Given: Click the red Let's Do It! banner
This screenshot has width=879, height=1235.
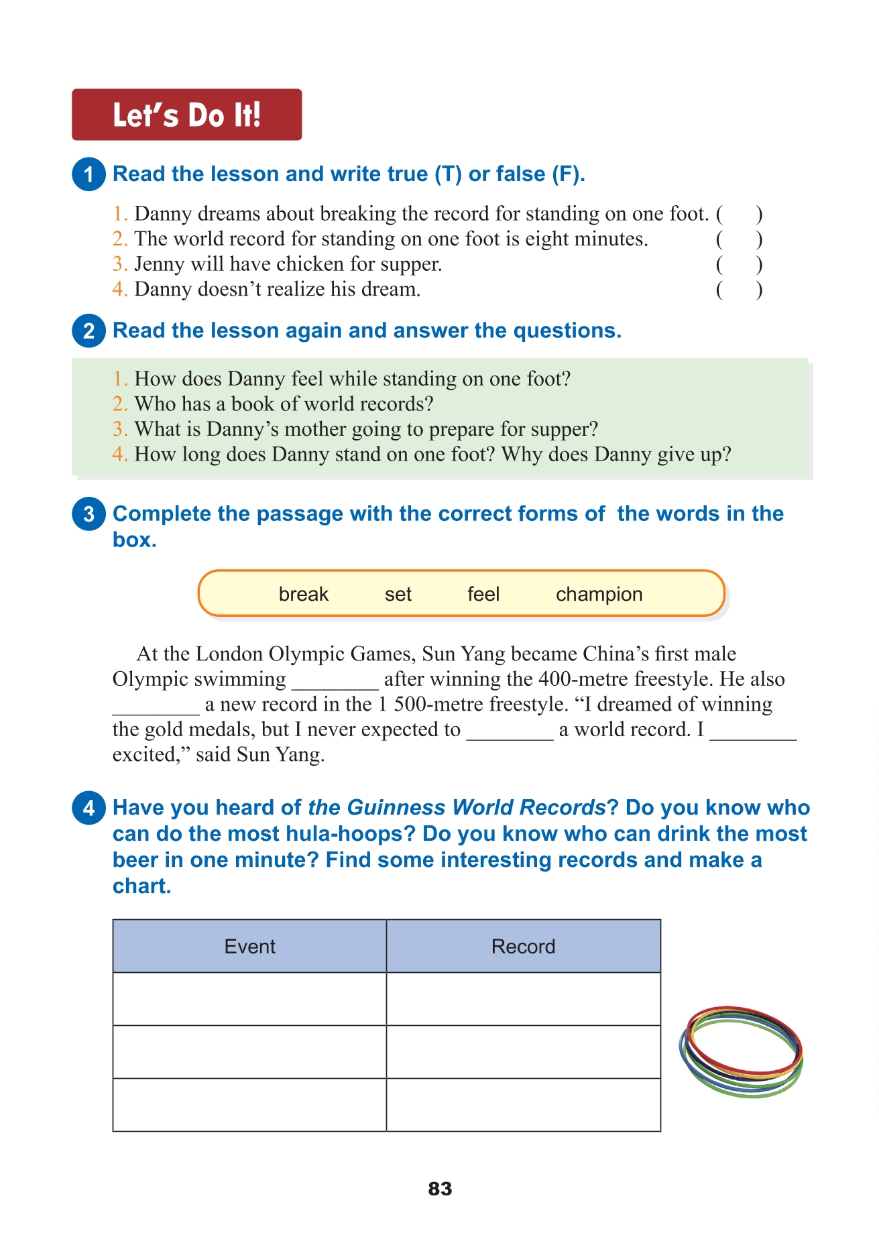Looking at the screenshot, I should pos(186,115).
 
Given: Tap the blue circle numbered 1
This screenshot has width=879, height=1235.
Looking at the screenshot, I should pos(89,174).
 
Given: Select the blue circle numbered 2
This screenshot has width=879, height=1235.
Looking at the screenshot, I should pos(89,331).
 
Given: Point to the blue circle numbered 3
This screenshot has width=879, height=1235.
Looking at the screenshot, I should pos(89,514).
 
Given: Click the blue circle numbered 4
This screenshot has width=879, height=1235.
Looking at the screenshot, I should pos(89,808).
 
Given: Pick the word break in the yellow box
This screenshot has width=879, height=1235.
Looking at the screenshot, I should pos(303,594).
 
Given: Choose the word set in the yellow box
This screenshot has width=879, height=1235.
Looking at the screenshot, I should pos(398,594).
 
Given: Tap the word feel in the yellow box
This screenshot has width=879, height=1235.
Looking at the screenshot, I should pos(483,594).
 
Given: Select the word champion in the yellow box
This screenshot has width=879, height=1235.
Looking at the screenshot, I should pos(599,594).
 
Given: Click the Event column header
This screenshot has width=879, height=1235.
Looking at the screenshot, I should pos(249,946).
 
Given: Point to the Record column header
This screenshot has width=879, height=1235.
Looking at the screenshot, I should pos(523,946).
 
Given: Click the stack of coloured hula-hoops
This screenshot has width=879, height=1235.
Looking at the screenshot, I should pos(741,1051).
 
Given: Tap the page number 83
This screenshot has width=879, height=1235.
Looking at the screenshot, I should pos(440,1189).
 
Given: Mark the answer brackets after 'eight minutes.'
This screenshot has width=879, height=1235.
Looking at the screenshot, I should pos(739,239).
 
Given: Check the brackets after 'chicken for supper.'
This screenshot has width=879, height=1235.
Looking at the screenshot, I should pos(739,265).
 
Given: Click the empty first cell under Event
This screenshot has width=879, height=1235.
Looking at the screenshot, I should pos(249,999).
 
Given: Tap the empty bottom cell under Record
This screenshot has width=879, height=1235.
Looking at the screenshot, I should pos(523,1105).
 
